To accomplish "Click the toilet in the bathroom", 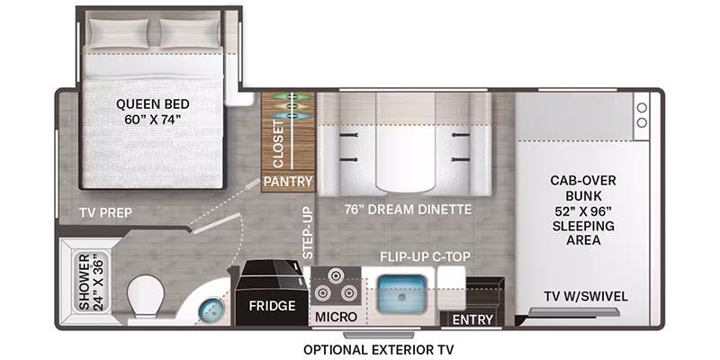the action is point(146,297).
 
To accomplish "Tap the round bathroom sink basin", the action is point(211,310).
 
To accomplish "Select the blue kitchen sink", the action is point(402,294).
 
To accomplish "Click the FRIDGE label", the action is point(273,306).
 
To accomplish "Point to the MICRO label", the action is point(336,317).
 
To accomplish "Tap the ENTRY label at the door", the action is point(472,319).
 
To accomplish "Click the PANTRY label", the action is point(288,182).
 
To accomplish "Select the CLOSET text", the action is point(279,144).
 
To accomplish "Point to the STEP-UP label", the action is point(308,233).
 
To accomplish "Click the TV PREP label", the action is point(105,213).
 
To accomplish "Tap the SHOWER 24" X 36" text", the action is point(92,282).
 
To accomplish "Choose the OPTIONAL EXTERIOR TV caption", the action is point(379,350).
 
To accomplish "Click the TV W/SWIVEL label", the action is point(586,297).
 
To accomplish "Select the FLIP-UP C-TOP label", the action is point(425,256).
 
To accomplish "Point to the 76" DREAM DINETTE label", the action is point(409,210).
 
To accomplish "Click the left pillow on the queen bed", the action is point(119,33).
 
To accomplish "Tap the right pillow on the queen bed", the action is point(189,33).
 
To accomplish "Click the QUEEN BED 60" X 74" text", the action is point(153,112).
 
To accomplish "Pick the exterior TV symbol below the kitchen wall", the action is point(379,335).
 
